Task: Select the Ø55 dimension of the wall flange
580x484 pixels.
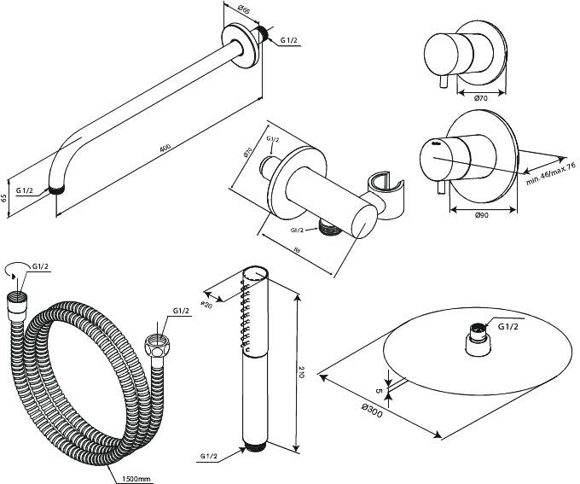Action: [x=243, y=11]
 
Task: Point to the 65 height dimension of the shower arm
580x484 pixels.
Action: [x=6, y=197]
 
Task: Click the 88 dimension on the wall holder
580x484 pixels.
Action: [x=295, y=248]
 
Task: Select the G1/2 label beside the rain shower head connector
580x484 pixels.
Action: [x=508, y=326]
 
